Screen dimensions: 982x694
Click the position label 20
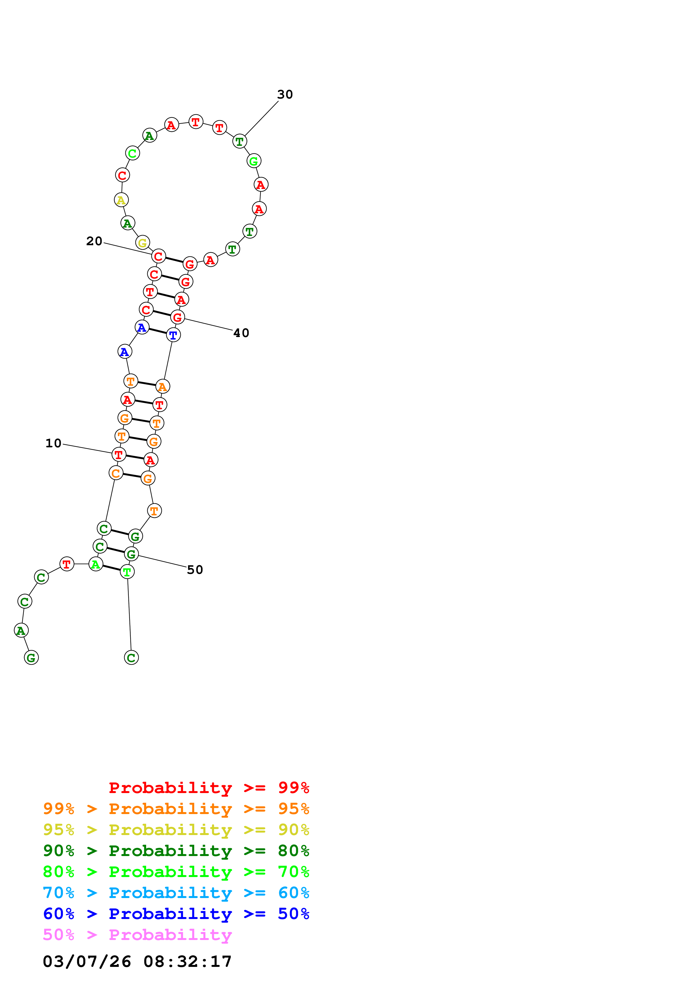point(94,241)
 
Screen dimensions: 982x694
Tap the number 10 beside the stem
point(53,443)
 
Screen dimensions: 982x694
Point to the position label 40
point(241,333)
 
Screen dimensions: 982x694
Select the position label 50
point(195,570)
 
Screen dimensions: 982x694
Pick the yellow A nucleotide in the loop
point(121,200)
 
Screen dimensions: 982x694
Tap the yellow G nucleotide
point(142,243)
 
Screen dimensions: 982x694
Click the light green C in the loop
point(132,153)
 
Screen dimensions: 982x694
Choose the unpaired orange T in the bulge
point(154,511)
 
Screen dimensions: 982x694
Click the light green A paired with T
point(96,564)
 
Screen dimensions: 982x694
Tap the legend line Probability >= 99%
point(209,787)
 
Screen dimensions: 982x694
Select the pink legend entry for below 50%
point(137,934)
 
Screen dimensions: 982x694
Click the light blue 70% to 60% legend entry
point(176,893)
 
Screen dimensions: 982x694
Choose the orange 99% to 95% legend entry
point(176,808)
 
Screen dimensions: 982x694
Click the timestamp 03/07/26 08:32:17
point(137,962)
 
